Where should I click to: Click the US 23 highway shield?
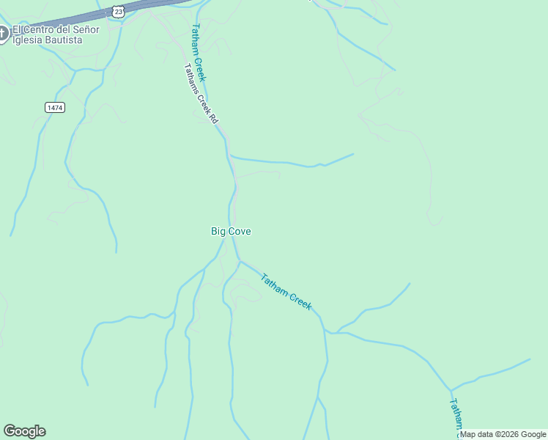[x=119, y=10]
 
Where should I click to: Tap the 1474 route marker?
[x=54, y=107]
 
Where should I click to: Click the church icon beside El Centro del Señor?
[x=3, y=33]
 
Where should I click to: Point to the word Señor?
[x=85, y=30]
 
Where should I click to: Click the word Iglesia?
[x=29, y=40]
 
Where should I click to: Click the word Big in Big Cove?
[x=218, y=232]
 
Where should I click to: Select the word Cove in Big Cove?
[x=240, y=232]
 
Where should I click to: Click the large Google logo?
[x=24, y=431]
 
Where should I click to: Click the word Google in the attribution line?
[x=533, y=434]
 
